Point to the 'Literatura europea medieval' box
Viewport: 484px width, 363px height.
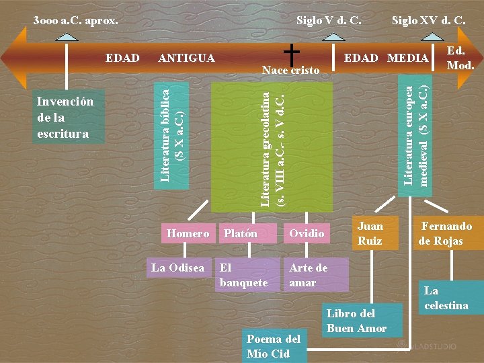(x=415, y=136)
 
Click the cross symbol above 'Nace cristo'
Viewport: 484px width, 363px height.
(x=291, y=53)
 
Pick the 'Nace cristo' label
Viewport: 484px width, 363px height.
(x=291, y=70)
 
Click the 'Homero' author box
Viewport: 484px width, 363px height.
(x=188, y=233)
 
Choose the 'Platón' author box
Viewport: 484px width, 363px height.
(x=241, y=233)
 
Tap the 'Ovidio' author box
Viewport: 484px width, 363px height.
(x=307, y=233)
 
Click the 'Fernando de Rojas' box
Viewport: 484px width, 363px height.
(x=446, y=233)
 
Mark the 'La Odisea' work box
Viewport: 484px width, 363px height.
(x=177, y=268)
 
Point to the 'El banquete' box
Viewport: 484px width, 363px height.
(x=246, y=275)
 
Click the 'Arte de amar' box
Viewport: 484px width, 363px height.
(x=315, y=275)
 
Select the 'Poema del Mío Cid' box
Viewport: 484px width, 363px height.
(x=274, y=345)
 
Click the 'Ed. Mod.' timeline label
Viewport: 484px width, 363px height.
(x=460, y=58)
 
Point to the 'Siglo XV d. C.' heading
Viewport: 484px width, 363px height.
(x=429, y=21)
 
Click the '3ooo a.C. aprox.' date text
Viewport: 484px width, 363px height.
(x=75, y=21)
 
